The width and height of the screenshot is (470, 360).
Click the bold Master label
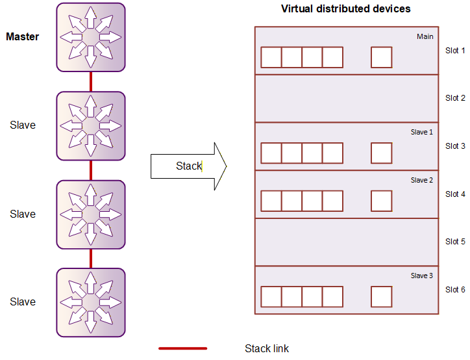click(23, 36)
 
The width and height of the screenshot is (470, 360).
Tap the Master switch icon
click(91, 37)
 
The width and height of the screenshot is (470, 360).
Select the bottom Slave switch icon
click(91, 302)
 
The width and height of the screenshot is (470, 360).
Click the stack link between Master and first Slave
click(91, 82)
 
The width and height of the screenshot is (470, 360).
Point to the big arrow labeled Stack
click(189, 166)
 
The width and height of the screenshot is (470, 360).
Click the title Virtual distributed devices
click(345, 8)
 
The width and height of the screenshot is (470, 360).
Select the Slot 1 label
click(455, 51)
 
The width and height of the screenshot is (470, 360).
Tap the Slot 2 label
click(455, 98)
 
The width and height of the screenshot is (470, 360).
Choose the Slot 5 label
click(455, 242)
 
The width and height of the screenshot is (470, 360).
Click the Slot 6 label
click(455, 290)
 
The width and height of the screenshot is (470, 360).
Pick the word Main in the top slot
click(425, 36)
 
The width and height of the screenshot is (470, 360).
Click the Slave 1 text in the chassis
click(422, 132)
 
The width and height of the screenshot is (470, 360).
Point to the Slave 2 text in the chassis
click(422, 180)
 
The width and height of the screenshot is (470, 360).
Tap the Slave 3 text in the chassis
click(422, 276)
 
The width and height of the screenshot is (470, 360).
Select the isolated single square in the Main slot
click(381, 57)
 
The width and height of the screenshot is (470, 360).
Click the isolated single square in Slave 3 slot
click(381, 297)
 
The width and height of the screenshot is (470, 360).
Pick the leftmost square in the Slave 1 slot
click(271, 153)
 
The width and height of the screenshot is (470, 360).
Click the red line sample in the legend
click(183, 348)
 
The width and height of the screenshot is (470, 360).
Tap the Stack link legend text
click(267, 348)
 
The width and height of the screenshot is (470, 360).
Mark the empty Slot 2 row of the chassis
click(347, 98)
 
